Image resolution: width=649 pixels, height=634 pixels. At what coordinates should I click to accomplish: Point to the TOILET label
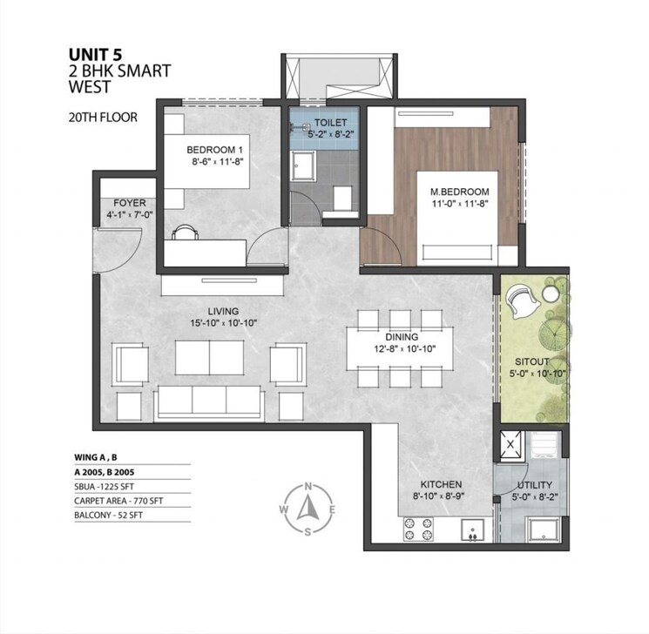coord(331,123)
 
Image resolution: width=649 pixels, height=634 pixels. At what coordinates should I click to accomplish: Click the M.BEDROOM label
coord(453,191)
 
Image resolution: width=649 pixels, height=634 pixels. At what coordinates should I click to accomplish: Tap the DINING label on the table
coord(402,337)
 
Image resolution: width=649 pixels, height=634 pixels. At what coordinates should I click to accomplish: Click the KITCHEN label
coord(439,484)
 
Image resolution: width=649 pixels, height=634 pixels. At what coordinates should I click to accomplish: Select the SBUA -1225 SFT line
coord(113,486)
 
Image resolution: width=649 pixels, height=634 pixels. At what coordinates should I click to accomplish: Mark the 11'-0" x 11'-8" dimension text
coord(453,204)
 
